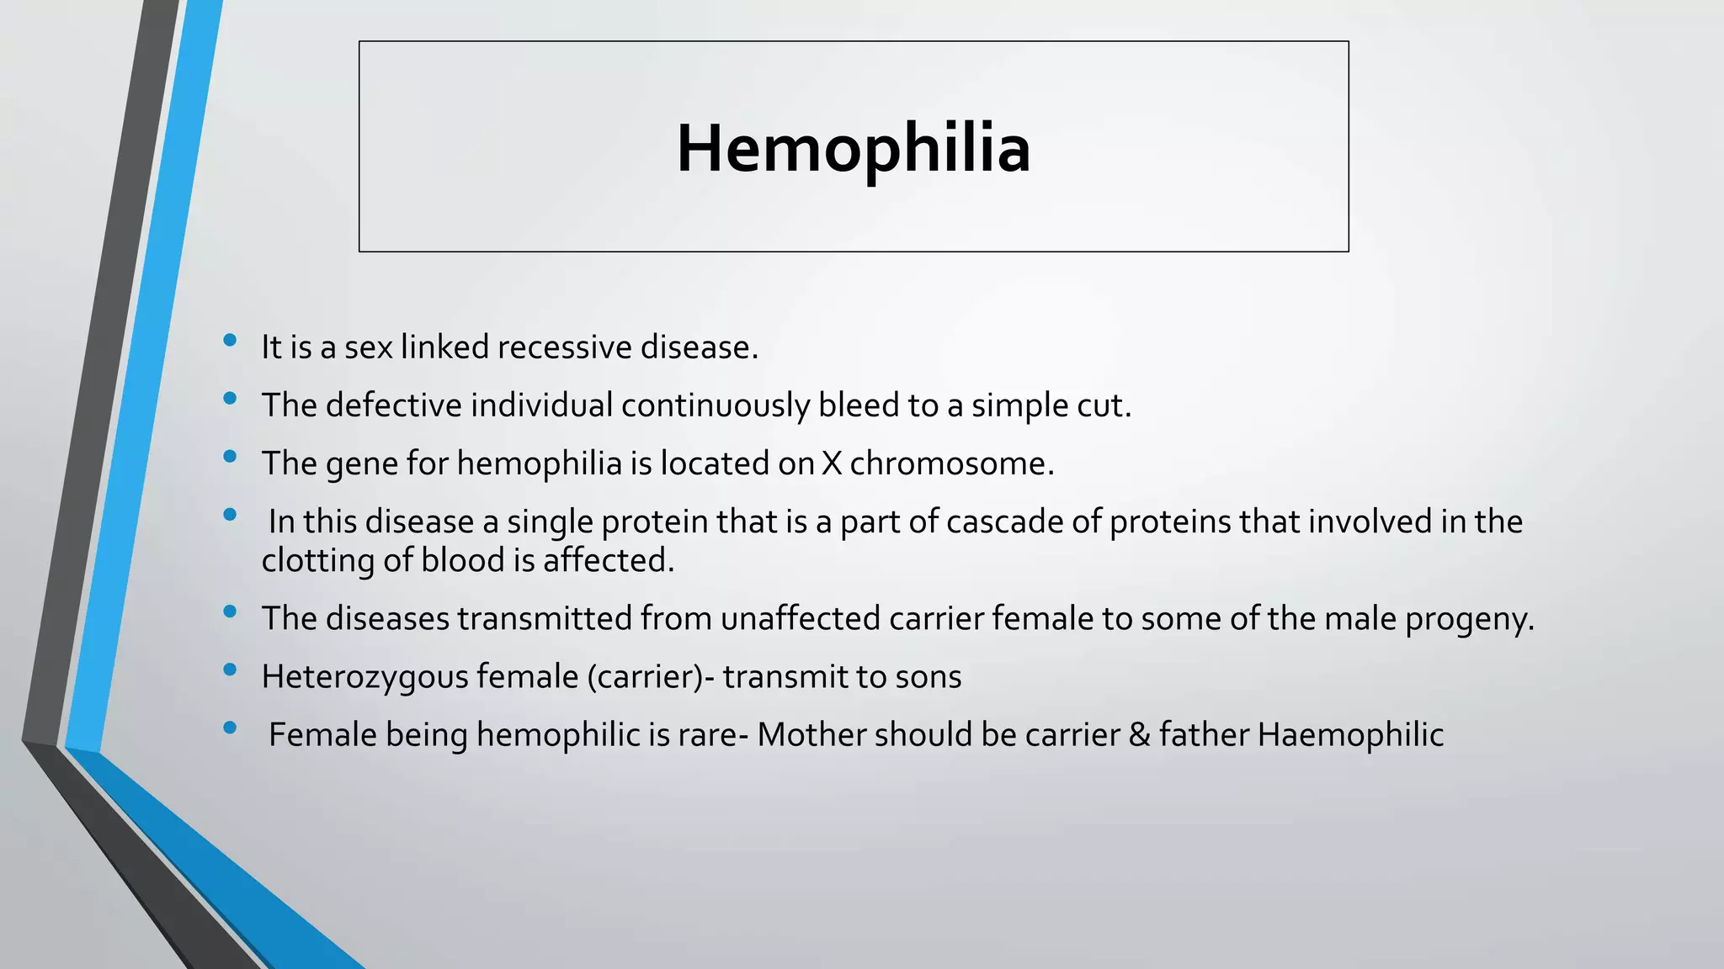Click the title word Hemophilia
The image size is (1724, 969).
[853, 149]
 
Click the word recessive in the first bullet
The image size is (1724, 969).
[569, 347]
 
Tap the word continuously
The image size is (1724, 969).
[716, 405]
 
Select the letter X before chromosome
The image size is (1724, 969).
[832, 463]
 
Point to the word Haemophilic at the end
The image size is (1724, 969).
[1351, 735]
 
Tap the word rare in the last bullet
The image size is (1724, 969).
[708, 735]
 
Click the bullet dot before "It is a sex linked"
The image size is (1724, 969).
[230, 341]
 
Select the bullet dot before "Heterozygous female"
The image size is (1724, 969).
[230, 670]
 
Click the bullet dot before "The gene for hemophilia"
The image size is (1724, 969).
[230, 457]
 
